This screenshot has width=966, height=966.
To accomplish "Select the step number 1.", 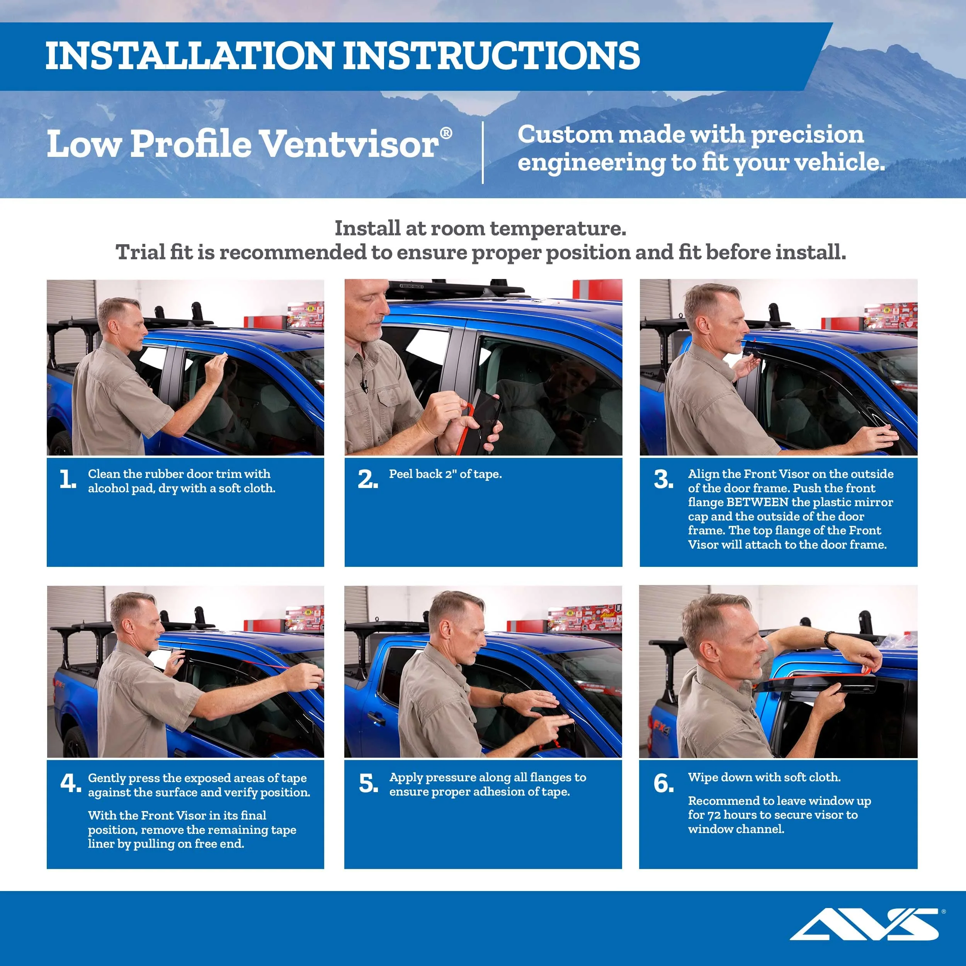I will (68, 480).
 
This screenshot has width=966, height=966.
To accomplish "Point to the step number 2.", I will (367, 480).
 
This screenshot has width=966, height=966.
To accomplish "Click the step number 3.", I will (663, 480).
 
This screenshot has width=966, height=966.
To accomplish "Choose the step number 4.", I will (70, 784).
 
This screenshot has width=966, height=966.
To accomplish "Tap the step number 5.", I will (369, 784).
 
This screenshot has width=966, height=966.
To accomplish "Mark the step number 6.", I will (663, 784).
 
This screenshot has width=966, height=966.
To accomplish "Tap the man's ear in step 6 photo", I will (710, 651).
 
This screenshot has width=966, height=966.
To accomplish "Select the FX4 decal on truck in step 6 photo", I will (661, 728).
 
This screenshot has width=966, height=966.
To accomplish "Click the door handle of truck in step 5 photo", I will (376, 719).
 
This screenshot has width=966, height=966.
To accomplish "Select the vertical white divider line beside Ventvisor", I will (483, 153).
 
